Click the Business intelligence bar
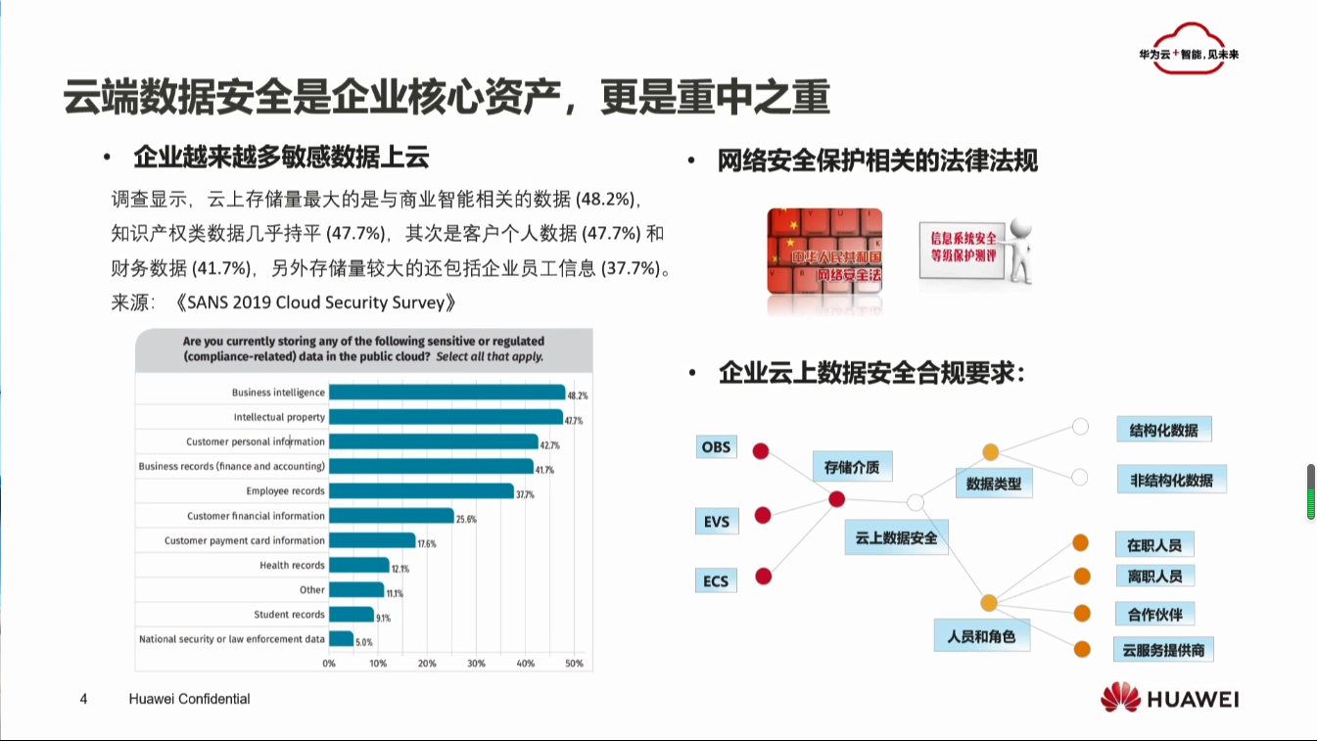(x=447, y=392)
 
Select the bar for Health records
(x=359, y=566)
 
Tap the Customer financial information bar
(x=392, y=516)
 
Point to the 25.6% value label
(x=466, y=519)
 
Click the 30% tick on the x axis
(x=476, y=663)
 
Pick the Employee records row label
(x=285, y=490)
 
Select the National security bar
(x=342, y=639)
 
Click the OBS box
(x=716, y=447)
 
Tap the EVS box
(x=717, y=521)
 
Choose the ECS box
(x=716, y=580)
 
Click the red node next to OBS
(x=761, y=450)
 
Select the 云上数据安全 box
(x=896, y=537)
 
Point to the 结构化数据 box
(x=1164, y=430)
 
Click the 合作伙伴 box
(x=1154, y=614)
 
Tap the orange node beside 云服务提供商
(x=1082, y=649)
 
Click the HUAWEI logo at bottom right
(x=1169, y=698)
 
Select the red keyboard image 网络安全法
(x=824, y=252)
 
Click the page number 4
(x=83, y=699)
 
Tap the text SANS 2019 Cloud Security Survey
(x=315, y=302)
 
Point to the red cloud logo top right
(x=1189, y=49)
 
